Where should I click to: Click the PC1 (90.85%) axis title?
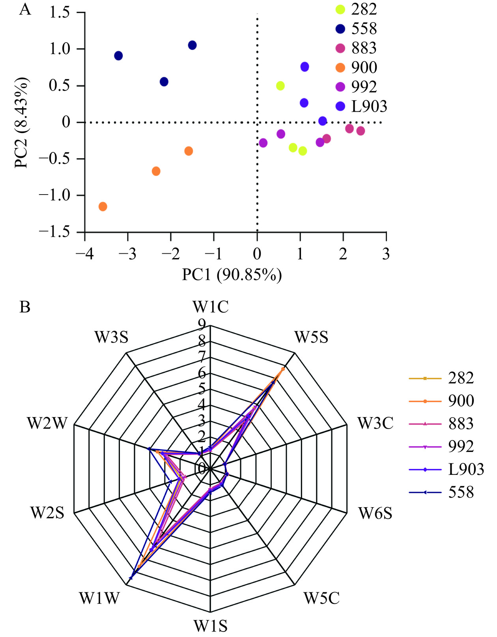232,275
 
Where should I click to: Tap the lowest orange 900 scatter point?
103,206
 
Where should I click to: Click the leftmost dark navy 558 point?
118,56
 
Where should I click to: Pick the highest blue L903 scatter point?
305,67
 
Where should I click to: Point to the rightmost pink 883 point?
361,131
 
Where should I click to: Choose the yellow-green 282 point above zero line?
280,86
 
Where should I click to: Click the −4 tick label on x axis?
84,254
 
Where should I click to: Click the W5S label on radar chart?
311,337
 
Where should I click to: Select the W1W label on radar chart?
99,598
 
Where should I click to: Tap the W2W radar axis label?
47,423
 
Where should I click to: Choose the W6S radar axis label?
375,513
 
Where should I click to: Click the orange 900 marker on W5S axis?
283,369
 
